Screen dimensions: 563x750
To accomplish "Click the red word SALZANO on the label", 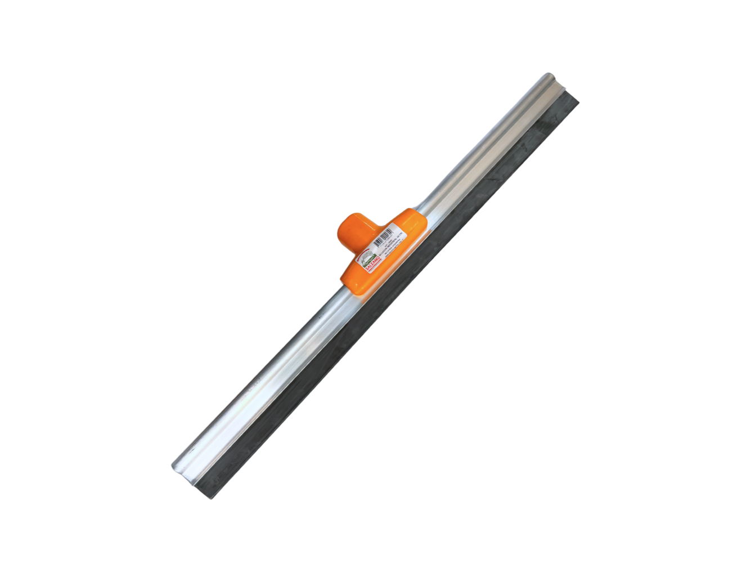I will [x=372, y=263].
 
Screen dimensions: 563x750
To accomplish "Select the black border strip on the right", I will [x=703, y=281].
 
